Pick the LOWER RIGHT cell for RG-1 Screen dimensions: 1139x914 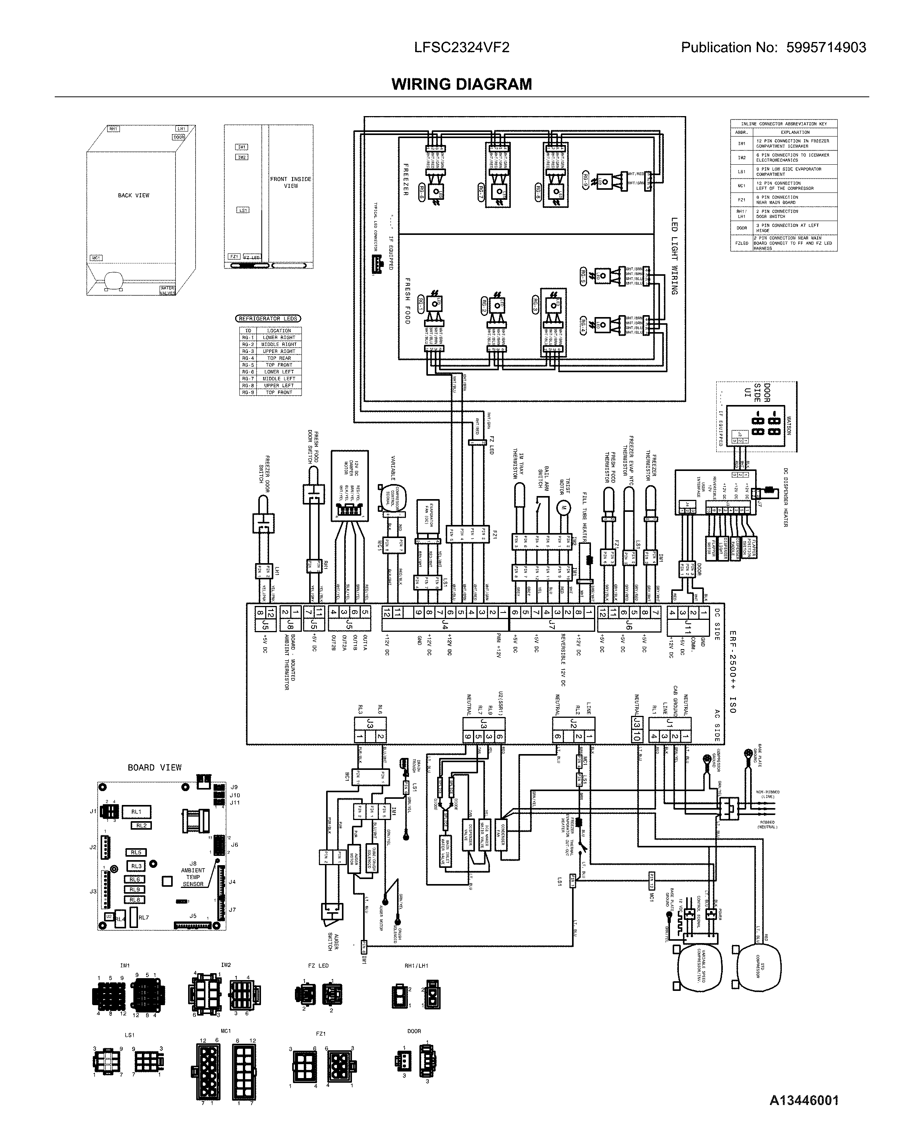point(279,337)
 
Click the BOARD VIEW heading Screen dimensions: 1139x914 point(154,768)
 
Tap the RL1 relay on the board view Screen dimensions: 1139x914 point(136,812)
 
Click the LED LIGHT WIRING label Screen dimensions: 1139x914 point(674,256)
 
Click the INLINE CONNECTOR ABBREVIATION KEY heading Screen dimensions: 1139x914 point(784,124)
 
